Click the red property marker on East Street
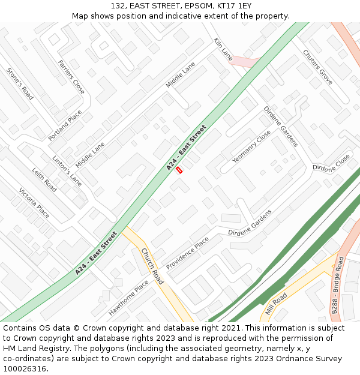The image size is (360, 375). tap(179, 170)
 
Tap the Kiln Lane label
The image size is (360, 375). tap(223, 49)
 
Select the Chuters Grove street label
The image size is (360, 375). tap(317, 67)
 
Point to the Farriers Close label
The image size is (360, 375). tap(71, 77)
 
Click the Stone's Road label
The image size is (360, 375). tap(20, 83)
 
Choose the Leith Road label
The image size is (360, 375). tap(44, 179)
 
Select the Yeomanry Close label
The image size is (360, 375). tap(251, 146)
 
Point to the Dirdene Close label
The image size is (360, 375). tap(331, 163)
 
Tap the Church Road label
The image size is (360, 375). tap(152, 266)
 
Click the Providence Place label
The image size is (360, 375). tap(188, 253)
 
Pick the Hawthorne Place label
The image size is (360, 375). tap(128, 298)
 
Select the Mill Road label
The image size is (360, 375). tap(277, 305)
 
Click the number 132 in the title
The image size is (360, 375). tap(118, 5)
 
